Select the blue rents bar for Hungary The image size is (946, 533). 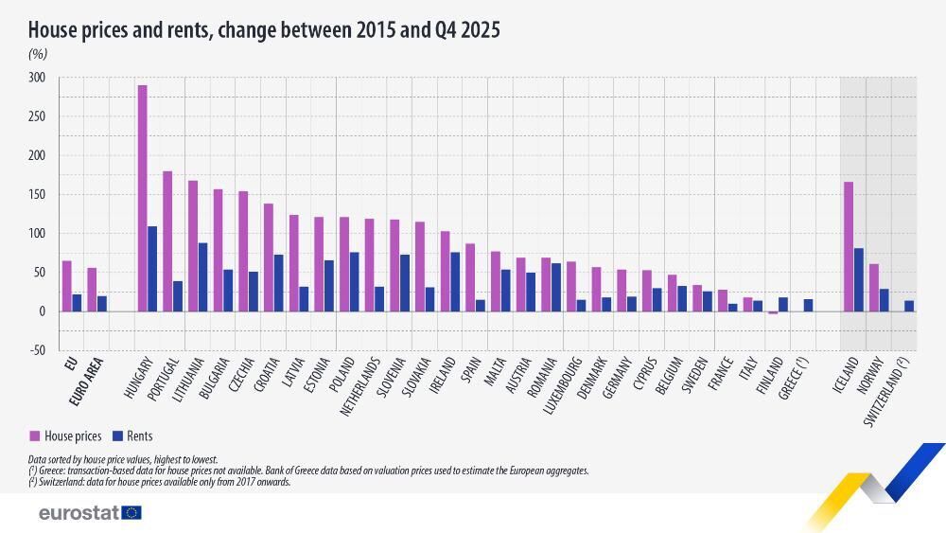tap(152, 269)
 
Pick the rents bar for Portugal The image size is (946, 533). tap(178, 296)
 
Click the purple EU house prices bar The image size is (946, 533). tap(66, 286)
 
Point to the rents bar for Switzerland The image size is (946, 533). tap(909, 306)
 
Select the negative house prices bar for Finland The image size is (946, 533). tap(773, 312)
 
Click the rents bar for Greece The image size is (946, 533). tap(808, 305)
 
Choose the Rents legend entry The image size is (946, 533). tap(131, 436)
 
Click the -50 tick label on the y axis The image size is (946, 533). tap(36, 350)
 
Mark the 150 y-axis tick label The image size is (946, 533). tap(36, 195)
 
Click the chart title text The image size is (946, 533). tap(264, 30)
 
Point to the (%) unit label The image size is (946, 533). tap(38, 55)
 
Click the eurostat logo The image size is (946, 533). tap(90, 512)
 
